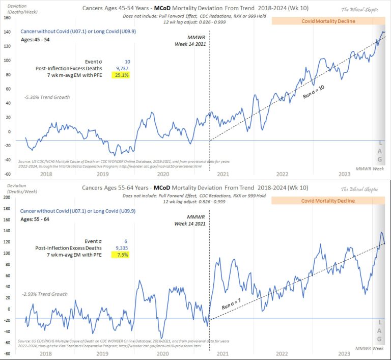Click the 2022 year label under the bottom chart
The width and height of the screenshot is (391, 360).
(281, 352)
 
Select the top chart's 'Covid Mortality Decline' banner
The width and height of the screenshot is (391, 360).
(328, 21)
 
